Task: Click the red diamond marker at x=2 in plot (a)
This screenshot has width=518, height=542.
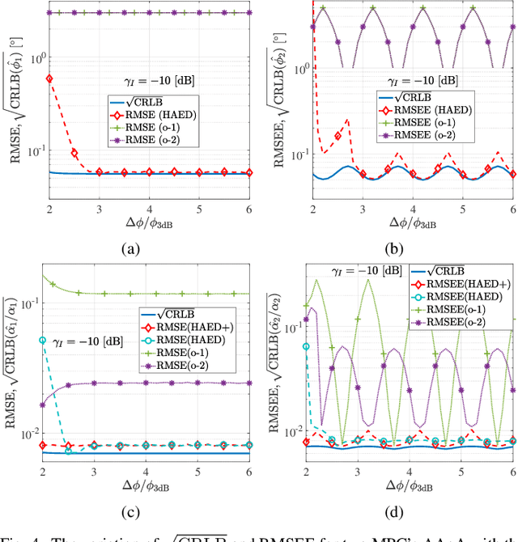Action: (x=50, y=78)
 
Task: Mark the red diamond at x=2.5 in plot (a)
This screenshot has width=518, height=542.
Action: (x=75, y=153)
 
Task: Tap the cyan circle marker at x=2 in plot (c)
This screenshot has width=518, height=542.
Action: (x=42, y=340)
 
